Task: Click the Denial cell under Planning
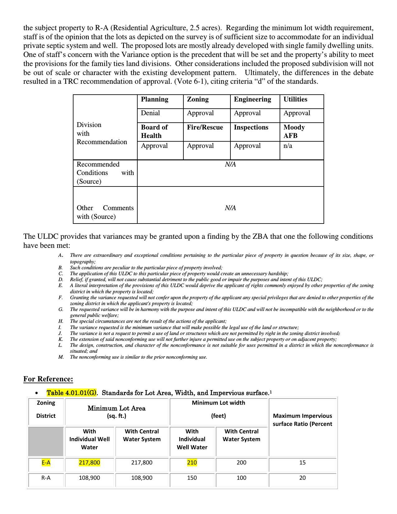pyautogui.click(x=150, y=113)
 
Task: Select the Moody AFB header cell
pyautogui.click(x=294, y=131)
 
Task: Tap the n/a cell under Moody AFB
pyautogui.click(x=288, y=146)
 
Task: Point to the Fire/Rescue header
pyautogui.click(x=205, y=127)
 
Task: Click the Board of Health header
pyautogui.click(x=154, y=131)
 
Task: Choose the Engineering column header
pyautogui.click(x=253, y=99)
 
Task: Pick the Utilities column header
pyautogui.click(x=295, y=99)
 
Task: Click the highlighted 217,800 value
pyautogui.click(x=89, y=463)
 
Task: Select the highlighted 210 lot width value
pyautogui.click(x=192, y=463)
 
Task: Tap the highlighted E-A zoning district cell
pyautogui.click(x=46, y=463)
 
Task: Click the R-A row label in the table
pyautogui.click(x=46, y=478)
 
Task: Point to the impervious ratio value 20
pyautogui.click(x=302, y=478)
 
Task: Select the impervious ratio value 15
pyautogui.click(x=302, y=463)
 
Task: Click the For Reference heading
pyautogui.click(x=48, y=379)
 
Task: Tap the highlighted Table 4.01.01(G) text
pyautogui.click(x=71, y=393)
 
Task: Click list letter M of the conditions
pyautogui.click(x=61, y=357)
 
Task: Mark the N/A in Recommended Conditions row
pyautogui.click(x=230, y=164)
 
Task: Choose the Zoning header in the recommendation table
pyautogui.click(x=198, y=99)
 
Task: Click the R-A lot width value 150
pyautogui.click(x=192, y=478)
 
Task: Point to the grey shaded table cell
pyautogui.click(x=46, y=441)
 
